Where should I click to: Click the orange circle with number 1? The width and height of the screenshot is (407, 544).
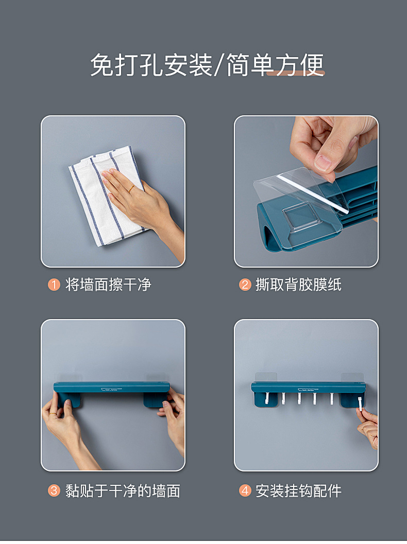(54, 285)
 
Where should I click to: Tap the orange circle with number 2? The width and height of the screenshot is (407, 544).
(245, 285)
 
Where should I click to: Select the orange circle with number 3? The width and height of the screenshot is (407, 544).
(54, 490)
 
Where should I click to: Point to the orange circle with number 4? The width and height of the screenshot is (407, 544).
(245, 490)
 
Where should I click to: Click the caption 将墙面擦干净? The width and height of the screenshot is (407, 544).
(108, 285)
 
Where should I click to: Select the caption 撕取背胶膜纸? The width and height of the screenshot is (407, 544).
(298, 285)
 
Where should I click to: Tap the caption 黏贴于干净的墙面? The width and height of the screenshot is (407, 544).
(123, 490)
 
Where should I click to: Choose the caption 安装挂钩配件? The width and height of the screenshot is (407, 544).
(298, 490)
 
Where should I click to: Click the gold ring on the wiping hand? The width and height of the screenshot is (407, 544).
(131, 189)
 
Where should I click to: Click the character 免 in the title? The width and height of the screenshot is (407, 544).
(101, 66)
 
